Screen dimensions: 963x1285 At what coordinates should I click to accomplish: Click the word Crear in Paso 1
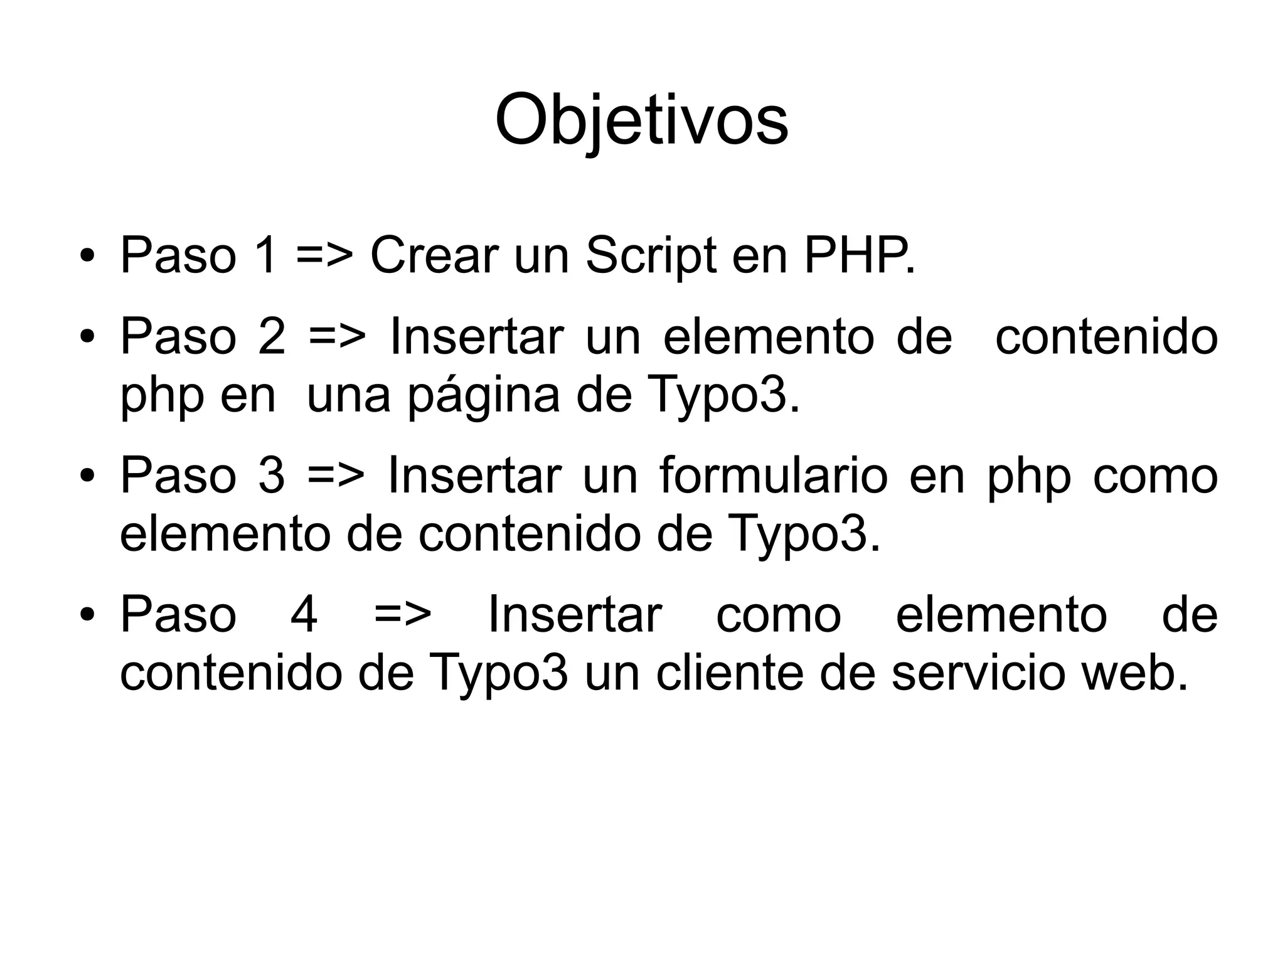(434, 255)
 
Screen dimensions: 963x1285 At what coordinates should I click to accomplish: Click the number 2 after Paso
(272, 337)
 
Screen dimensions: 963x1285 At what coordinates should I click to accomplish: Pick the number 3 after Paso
(272, 476)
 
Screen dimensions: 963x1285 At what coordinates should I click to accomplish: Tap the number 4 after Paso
(304, 615)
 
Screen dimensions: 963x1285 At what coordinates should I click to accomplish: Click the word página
(484, 396)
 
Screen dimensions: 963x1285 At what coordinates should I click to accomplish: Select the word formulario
(774, 476)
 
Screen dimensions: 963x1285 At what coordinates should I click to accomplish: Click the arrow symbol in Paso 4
(403, 615)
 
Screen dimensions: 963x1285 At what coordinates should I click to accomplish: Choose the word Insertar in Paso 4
(574, 615)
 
